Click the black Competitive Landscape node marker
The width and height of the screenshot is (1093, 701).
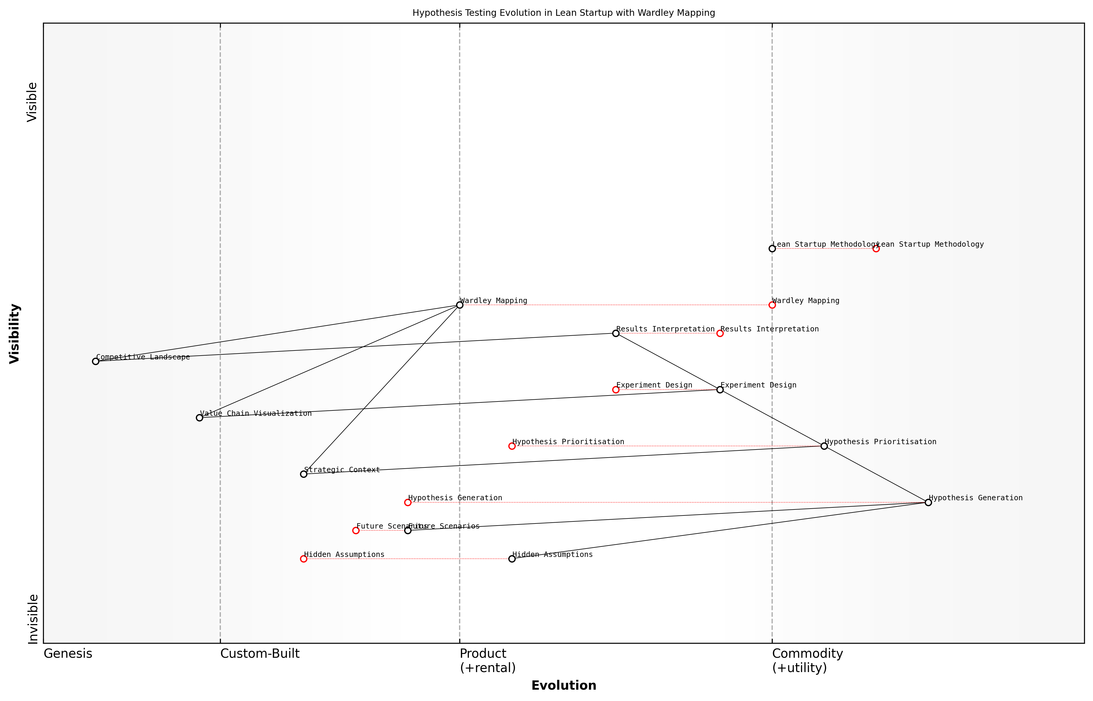click(96, 362)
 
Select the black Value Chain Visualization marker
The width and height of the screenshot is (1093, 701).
click(199, 418)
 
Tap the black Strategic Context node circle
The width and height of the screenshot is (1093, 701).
click(304, 474)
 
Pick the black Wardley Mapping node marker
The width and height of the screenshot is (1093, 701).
click(460, 305)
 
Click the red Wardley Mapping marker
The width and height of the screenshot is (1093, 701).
click(772, 305)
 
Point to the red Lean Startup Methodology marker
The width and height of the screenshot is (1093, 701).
click(876, 248)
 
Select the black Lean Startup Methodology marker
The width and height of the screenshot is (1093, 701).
click(772, 248)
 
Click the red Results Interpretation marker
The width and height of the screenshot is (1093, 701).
click(720, 333)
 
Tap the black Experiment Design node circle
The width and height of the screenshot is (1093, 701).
click(720, 390)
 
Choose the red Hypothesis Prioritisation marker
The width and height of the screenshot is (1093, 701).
click(512, 446)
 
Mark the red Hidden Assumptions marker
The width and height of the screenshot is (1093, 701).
click(304, 559)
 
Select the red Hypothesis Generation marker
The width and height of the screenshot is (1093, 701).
click(408, 503)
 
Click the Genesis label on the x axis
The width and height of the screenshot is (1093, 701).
click(68, 654)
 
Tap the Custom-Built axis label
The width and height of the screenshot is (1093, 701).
click(260, 654)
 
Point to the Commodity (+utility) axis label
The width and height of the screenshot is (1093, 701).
click(807, 660)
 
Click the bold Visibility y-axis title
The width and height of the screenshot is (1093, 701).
click(15, 333)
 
